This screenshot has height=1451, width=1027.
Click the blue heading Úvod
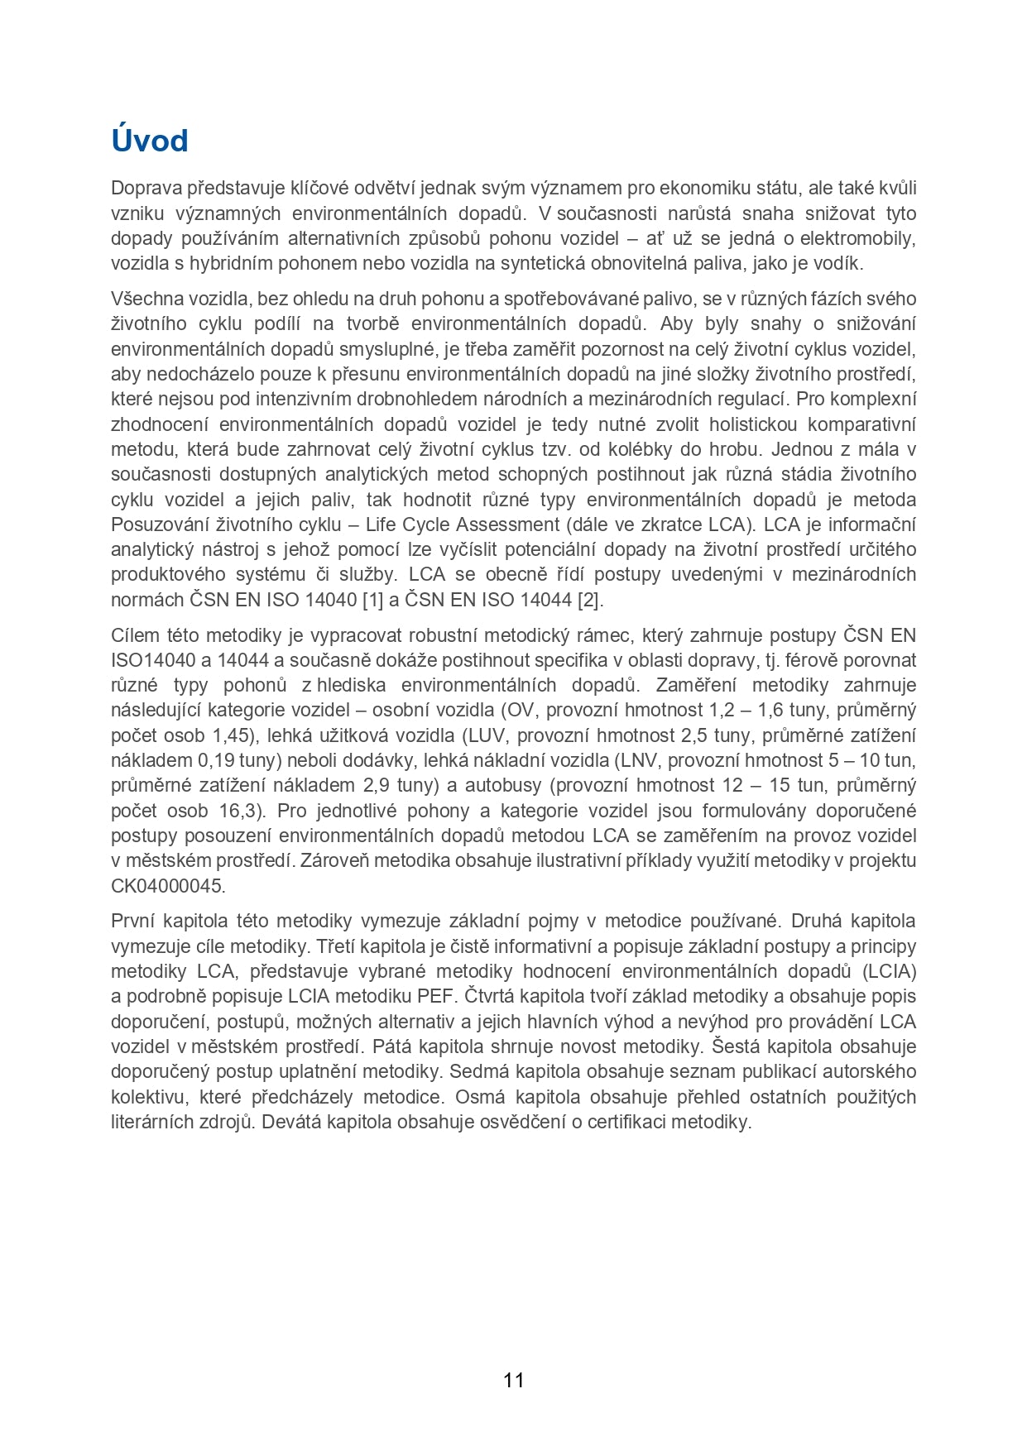(x=150, y=141)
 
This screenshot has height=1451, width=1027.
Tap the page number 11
(x=513, y=1380)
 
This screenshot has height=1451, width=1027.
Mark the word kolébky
(x=652, y=449)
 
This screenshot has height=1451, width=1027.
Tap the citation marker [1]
(x=373, y=600)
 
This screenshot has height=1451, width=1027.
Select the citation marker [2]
(x=589, y=600)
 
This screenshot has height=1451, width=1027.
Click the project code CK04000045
(x=167, y=886)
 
